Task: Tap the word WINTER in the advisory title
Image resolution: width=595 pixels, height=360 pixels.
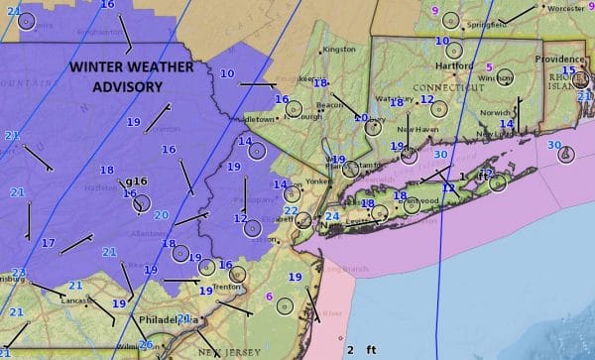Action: coord(101,67)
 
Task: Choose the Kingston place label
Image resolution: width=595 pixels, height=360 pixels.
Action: coord(338,49)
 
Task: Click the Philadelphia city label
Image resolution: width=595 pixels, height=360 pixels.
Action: coord(169,321)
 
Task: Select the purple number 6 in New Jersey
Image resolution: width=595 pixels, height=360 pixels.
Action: coord(269,297)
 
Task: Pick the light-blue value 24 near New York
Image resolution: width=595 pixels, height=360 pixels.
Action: coord(332,216)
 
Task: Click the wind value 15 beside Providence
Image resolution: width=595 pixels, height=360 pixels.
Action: coord(568,70)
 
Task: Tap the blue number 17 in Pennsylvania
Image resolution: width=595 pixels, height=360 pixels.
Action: coord(49,243)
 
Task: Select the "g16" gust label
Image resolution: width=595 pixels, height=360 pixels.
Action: coord(137,181)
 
